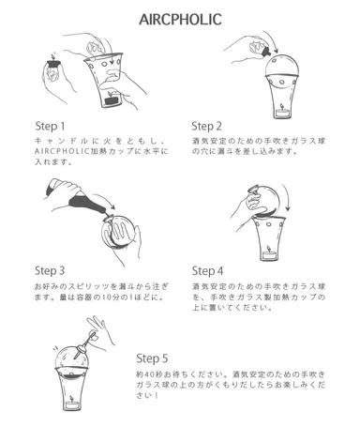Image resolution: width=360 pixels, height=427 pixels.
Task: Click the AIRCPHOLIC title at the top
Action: (180, 19)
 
